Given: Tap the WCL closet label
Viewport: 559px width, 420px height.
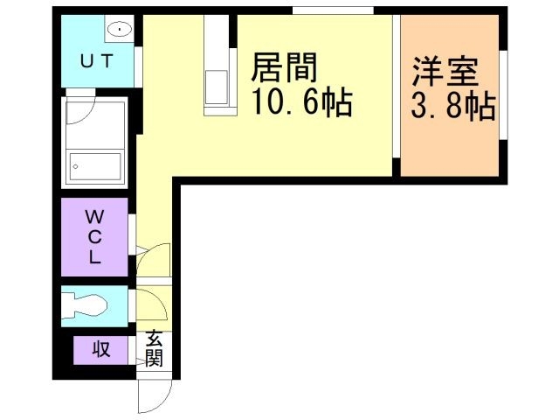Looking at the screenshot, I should click(x=94, y=236).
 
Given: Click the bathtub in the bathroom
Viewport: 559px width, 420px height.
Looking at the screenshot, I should click(x=96, y=164).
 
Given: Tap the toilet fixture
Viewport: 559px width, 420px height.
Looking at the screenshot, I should click(x=88, y=306).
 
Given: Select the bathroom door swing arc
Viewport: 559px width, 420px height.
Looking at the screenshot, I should click(x=81, y=110).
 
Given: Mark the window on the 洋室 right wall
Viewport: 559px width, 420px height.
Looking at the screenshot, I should click(x=503, y=93).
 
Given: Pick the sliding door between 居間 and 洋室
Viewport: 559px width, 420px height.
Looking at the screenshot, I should click(x=396, y=96).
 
